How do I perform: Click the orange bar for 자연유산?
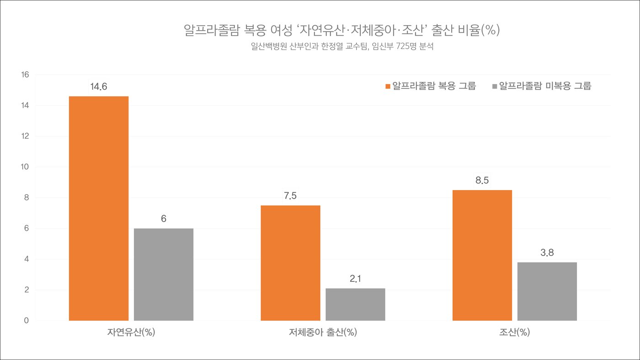pyautogui.click(x=99, y=208)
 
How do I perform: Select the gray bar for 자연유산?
pyautogui.click(x=164, y=274)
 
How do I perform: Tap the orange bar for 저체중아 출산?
pyautogui.click(x=290, y=263)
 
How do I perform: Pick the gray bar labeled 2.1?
pyautogui.click(x=355, y=304)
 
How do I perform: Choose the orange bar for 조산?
pyautogui.click(x=482, y=255)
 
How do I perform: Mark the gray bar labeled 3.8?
pyautogui.click(x=547, y=291)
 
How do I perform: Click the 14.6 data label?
pyautogui.click(x=99, y=86)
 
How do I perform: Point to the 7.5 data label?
pyautogui.click(x=290, y=196)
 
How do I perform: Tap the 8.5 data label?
pyautogui.click(x=482, y=180)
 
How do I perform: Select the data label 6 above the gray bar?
pyautogui.click(x=164, y=219)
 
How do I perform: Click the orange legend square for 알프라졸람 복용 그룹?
pyautogui.click(x=388, y=86)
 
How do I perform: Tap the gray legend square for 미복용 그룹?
pyautogui.click(x=495, y=86)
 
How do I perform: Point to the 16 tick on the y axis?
pyautogui.click(x=25, y=75)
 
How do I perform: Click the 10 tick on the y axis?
pyautogui.click(x=25, y=167)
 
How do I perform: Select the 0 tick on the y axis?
pyautogui.click(x=27, y=321)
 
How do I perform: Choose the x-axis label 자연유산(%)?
pyautogui.click(x=131, y=333)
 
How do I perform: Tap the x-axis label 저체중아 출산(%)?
pyautogui.click(x=323, y=333)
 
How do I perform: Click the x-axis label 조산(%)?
pyautogui.click(x=514, y=333)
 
